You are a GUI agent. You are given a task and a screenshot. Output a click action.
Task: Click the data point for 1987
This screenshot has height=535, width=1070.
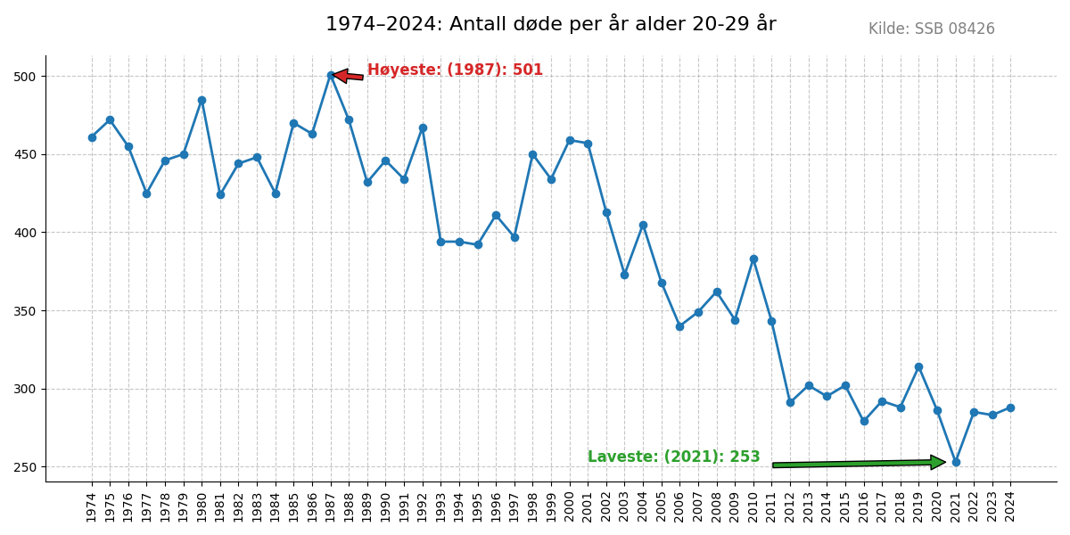tap(331, 75)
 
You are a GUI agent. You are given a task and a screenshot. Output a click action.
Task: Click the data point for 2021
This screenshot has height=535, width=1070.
tap(956, 462)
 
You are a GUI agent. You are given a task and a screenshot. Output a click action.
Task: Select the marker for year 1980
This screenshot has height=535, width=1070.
tap(202, 100)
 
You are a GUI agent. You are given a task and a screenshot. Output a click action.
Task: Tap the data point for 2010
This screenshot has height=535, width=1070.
tap(753, 259)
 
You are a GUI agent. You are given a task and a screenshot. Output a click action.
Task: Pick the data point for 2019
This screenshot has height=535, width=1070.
tap(918, 366)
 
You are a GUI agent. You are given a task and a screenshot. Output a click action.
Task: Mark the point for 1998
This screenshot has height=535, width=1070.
tap(532, 154)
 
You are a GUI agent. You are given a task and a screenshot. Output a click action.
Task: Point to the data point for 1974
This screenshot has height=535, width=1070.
tap(92, 137)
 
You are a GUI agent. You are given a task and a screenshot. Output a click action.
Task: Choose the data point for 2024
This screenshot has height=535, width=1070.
tap(1010, 407)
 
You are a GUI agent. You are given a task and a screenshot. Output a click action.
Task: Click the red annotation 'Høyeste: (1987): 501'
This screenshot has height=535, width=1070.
tap(455, 70)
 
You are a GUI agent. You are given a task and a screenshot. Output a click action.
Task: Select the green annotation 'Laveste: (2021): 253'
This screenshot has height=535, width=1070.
tap(673, 457)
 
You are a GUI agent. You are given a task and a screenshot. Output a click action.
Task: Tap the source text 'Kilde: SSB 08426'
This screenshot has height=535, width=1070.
tap(931, 29)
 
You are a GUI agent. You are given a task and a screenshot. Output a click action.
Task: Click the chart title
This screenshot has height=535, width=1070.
tap(550, 24)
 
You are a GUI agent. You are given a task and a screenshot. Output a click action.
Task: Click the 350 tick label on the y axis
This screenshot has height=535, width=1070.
tap(25, 311)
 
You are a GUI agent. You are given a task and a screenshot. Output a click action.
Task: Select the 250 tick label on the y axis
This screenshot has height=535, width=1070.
tap(25, 467)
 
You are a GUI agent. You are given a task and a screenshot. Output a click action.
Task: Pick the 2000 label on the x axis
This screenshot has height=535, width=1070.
tap(570, 506)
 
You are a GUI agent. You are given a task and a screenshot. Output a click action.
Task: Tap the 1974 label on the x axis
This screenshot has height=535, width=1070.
tap(92, 506)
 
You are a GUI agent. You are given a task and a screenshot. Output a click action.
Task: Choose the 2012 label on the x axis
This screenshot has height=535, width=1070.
tap(790, 506)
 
